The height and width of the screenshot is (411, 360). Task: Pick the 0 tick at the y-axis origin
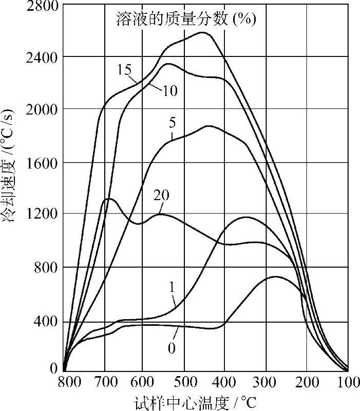tap(53, 368)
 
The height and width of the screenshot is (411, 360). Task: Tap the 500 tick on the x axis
tap(185, 382)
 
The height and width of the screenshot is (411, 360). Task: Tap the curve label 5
tap(172, 124)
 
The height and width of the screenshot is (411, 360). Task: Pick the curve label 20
tap(161, 195)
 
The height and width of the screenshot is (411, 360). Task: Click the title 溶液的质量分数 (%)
tap(185, 20)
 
